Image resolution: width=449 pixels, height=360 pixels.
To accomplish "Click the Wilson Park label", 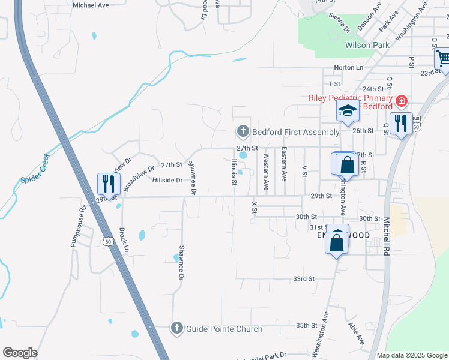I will click(367, 45).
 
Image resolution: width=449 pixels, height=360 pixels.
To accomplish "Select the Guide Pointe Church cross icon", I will click(176, 328).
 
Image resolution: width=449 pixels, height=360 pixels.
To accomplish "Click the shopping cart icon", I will click(443, 59).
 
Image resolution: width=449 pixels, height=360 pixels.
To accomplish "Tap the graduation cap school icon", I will click(347, 110).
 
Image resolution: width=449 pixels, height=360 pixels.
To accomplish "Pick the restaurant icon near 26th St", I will click(400, 122).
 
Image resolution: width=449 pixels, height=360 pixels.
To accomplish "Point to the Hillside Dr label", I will click(167, 180).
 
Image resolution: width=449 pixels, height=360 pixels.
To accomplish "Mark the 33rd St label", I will click(304, 279).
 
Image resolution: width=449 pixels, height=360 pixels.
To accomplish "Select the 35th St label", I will click(306, 325).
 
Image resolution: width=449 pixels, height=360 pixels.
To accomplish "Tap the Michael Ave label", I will click(90, 5).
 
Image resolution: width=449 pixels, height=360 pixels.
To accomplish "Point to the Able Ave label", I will click(357, 334).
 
